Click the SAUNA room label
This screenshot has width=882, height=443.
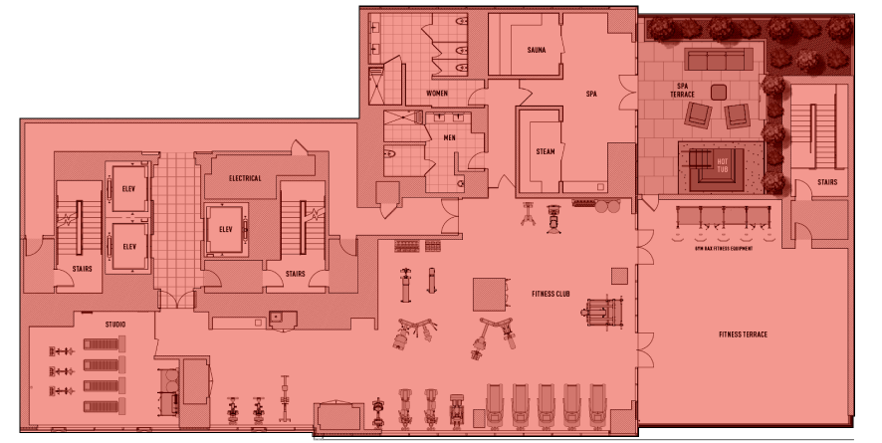pos(537,50)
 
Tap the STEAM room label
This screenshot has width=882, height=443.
pos(546,151)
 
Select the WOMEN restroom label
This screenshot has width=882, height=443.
pos(437,93)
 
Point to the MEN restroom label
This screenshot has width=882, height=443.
pos(450,138)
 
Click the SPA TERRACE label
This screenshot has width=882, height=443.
pos(683,90)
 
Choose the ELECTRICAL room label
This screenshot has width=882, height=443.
pos(245,178)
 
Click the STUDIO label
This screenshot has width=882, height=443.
pos(115,324)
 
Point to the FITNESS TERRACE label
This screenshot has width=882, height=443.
pos(743,334)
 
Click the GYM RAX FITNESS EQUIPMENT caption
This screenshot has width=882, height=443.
pos(723,248)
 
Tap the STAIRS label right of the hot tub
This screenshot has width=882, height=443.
pos(826,182)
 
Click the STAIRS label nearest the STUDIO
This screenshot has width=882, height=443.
pos(82,268)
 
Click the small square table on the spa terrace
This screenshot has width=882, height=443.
pos(719,92)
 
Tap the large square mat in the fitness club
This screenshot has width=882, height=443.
pos(492,294)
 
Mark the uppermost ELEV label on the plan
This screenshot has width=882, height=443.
pos(128,189)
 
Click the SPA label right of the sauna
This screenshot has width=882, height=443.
pos(591,94)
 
